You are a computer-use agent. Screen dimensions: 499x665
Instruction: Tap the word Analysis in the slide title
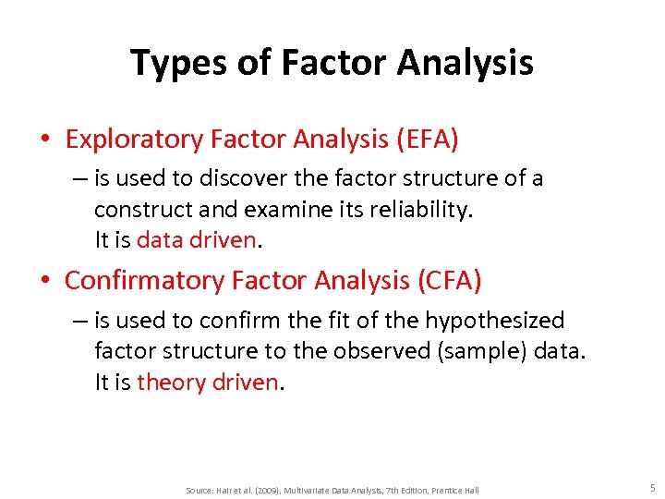click(x=466, y=64)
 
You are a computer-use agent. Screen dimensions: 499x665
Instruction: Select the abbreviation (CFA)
click(x=449, y=280)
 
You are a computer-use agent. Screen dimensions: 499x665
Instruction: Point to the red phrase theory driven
click(x=207, y=382)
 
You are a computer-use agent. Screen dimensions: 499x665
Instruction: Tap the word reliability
click(x=422, y=210)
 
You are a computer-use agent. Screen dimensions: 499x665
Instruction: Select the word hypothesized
click(x=494, y=321)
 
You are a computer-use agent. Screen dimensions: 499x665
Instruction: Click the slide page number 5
click(x=652, y=488)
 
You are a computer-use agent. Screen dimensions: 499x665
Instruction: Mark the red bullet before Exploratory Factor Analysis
click(x=44, y=140)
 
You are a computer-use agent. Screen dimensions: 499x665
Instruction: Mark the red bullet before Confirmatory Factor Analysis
click(x=44, y=281)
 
